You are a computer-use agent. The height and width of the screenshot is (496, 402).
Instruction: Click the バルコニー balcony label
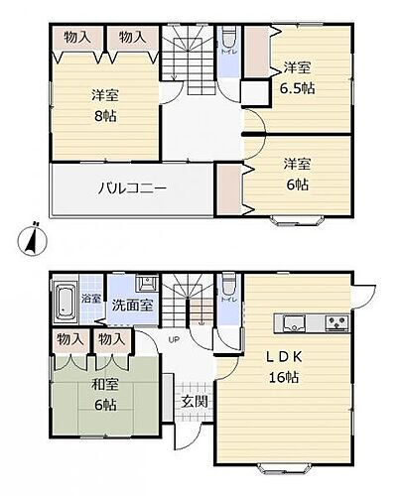click(130, 187)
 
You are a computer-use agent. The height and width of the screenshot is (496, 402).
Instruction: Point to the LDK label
click(281, 355)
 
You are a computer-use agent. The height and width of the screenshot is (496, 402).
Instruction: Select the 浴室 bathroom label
click(88, 297)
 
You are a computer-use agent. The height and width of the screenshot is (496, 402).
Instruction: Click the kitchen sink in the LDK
click(295, 319)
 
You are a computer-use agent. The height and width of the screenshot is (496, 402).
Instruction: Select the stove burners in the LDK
click(335, 320)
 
